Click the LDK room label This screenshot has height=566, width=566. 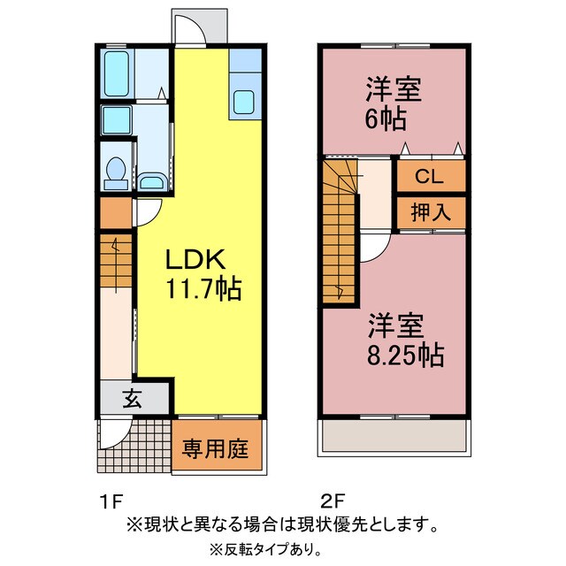click(x=197, y=261)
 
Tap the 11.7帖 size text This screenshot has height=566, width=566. click(x=202, y=288)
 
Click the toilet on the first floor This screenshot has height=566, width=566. click(x=114, y=172)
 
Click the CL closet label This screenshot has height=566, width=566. click(x=430, y=176)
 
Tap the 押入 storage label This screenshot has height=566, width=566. click(x=431, y=211)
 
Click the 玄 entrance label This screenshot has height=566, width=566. click(x=131, y=399)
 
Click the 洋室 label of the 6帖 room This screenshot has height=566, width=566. click(x=393, y=90)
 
